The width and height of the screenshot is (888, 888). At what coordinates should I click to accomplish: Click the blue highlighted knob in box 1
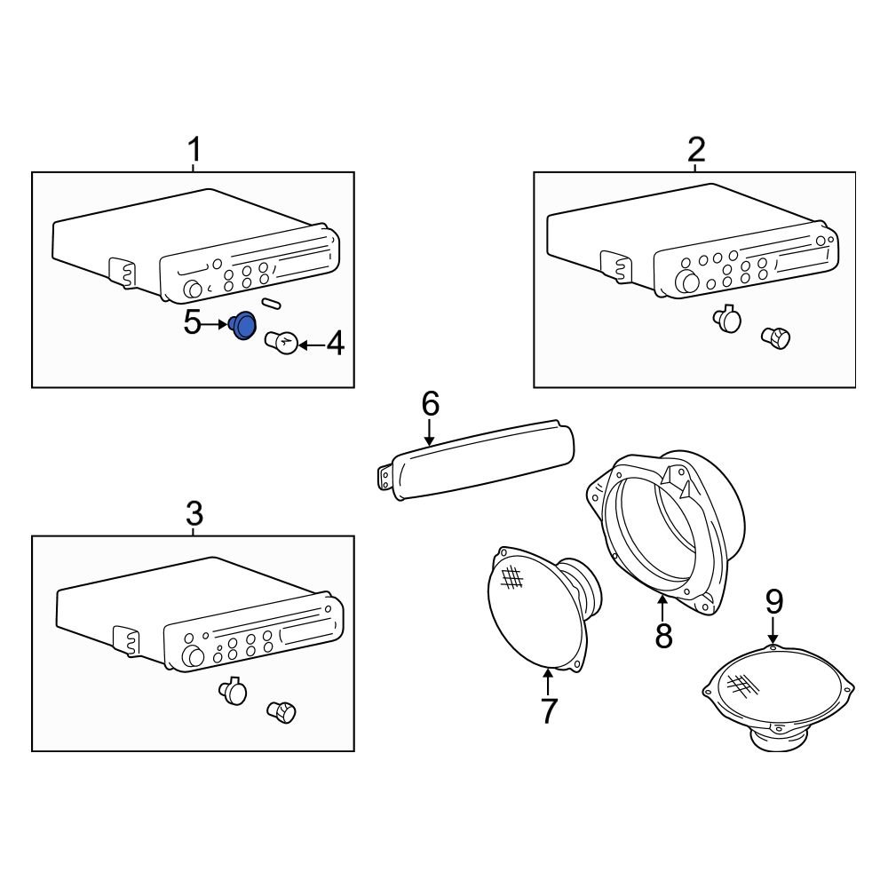click(243, 326)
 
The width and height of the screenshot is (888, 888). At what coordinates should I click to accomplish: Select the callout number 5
click(193, 323)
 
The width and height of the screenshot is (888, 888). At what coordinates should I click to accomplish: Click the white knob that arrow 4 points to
click(281, 342)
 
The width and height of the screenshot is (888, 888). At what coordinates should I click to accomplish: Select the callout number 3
click(194, 513)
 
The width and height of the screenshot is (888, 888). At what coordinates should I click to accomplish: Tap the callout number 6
click(430, 404)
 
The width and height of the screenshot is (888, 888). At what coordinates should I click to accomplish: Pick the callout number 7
click(548, 710)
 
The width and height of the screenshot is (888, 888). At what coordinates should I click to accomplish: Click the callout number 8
click(663, 635)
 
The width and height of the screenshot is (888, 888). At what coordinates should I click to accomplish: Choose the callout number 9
click(774, 602)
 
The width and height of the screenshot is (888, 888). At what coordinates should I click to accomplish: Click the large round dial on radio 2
click(686, 283)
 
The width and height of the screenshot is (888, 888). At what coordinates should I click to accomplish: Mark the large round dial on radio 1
click(191, 289)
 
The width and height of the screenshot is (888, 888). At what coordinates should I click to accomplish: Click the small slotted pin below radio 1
click(272, 304)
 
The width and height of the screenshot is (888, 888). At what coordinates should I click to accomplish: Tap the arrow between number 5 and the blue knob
click(217, 325)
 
